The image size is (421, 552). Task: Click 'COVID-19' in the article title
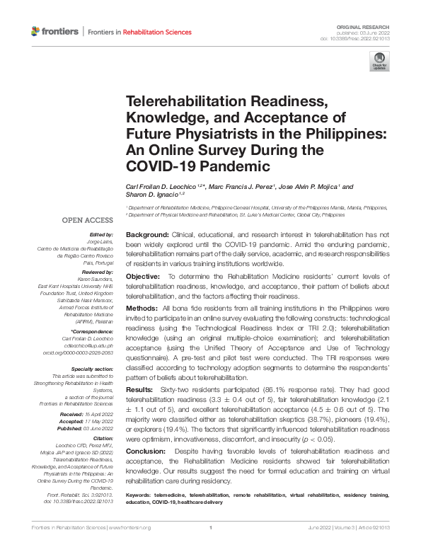[x=157, y=167]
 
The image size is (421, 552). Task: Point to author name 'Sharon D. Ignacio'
[x=156, y=193]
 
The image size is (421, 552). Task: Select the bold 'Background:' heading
[x=146, y=234]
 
